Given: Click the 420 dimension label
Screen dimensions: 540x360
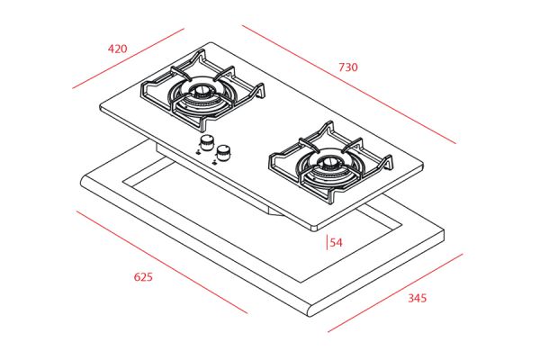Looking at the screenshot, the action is (117, 49).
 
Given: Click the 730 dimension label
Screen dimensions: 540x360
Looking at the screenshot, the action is (348, 67).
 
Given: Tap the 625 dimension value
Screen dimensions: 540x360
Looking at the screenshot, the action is (143, 276).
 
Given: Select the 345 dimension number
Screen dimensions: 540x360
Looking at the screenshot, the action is (418, 298).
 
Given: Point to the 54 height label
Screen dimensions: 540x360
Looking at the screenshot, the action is (337, 242).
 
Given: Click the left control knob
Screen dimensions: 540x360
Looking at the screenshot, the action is (206, 142).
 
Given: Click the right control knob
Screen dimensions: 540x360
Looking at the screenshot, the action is (223, 153).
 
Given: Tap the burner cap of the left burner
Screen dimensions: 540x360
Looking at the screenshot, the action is (201, 91).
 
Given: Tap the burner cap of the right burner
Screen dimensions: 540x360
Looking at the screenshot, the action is (328, 162).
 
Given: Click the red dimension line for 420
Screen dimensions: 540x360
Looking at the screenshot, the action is (128, 58).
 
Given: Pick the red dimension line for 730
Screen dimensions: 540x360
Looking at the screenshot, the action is (349, 85).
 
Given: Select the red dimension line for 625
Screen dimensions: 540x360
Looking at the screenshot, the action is (161, 262).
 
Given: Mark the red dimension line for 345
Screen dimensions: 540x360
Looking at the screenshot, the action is (395, 293).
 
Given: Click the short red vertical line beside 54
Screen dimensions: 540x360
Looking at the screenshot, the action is (327, 242).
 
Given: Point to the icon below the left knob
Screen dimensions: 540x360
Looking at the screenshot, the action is (198, 152).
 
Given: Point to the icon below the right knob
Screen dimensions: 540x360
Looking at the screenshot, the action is (215, 162).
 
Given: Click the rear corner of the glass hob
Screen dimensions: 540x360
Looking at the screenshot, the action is (211, 43).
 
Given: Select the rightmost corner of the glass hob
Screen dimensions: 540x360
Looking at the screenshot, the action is (421, 166).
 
